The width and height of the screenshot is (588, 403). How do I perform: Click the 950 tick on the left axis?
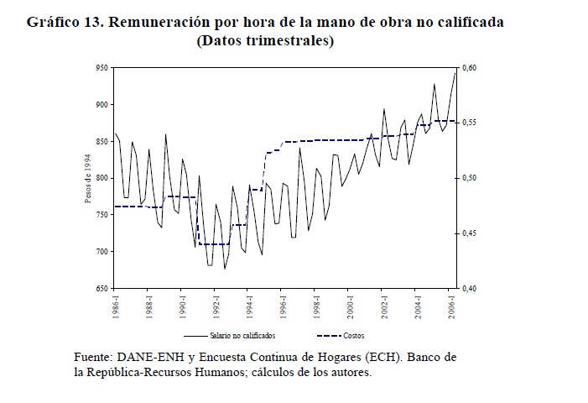click(x=102, y=67)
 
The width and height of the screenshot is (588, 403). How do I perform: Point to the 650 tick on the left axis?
click(x=102, y=288)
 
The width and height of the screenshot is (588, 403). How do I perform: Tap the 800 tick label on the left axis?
click(x=102, y=178)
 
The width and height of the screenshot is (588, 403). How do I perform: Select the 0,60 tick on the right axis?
click(x=469, y=67)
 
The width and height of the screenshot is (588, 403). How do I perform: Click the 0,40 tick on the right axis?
click(x=469, y=288)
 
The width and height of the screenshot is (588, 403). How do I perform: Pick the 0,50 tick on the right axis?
click(x=469, y=178)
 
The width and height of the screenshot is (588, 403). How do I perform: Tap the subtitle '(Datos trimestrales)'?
click(x=265, y=40)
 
